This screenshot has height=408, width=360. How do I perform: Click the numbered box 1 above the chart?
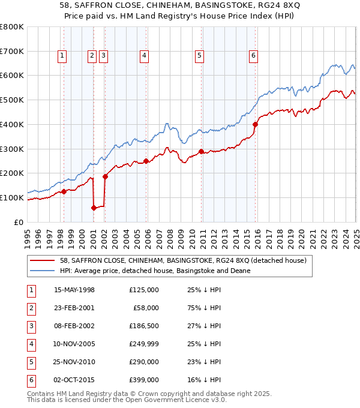click(x=62, y=56)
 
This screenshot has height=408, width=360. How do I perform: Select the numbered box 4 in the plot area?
click(x=145, y=56)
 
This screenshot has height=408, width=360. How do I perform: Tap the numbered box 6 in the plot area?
click(x=254, y=56)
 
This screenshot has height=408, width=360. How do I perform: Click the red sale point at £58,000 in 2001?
click(x=94, y=208)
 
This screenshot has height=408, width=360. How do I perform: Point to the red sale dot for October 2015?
click(x=255, y=125)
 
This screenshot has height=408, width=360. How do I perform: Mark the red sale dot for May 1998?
click(x=64, y=192)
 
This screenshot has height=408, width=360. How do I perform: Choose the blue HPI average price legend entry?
click(x=154, y=271)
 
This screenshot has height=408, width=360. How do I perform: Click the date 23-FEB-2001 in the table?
click(x=74, y=307)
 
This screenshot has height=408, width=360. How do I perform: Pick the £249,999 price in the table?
click(x=144, y=344)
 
